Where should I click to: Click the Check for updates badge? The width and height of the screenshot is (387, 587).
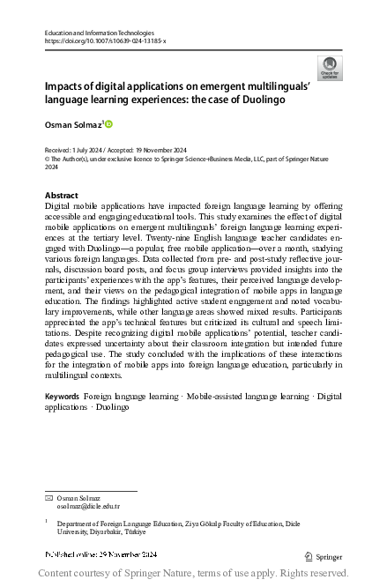pos(329,67)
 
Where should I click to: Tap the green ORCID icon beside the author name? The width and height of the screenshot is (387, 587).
pos(108,124)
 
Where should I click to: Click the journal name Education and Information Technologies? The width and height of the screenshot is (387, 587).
pos(103,32)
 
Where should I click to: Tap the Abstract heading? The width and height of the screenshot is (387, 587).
pos(61,195)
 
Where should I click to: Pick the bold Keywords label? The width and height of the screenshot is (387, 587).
pos(63,398)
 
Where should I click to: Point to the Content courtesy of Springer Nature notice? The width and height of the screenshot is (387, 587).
pos(193,573)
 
